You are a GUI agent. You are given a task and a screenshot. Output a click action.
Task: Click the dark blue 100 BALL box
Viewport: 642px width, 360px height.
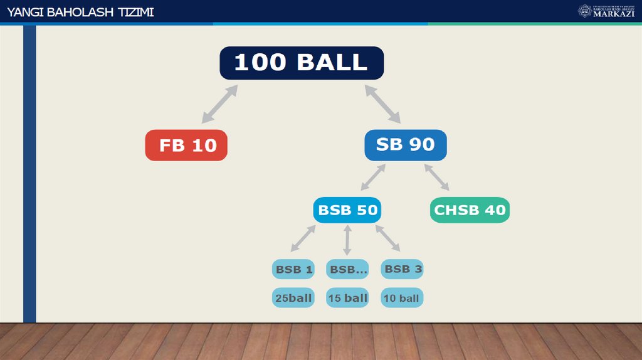coord(301,63)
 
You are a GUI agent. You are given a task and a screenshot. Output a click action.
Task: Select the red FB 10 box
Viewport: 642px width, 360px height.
coord(186,146)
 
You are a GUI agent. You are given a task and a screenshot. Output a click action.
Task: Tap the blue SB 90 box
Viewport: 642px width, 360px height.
coord(405,145)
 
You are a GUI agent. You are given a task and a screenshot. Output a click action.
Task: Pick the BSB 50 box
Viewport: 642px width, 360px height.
coord(347,210)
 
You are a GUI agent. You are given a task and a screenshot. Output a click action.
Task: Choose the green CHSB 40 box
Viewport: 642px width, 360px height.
coord(470,210)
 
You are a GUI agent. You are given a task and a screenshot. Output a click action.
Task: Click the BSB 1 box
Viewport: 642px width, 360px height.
coord(293,270)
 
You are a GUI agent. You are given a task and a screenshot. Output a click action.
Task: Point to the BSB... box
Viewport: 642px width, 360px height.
coord(347,270)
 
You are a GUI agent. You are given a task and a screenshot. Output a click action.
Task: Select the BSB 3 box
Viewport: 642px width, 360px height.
coord(403,269)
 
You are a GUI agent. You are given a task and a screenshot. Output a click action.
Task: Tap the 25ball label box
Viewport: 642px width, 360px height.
coord(293,298)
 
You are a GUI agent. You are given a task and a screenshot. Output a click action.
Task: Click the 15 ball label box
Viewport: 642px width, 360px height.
coord(347,298)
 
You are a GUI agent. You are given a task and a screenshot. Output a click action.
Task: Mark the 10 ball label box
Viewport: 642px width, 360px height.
coord(402,298)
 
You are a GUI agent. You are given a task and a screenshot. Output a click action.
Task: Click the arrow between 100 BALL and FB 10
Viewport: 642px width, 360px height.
coord(219,104)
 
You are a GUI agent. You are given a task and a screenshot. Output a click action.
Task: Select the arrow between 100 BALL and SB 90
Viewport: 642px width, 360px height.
coord(382,103)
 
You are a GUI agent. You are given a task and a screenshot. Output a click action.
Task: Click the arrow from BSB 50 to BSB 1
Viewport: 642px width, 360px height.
coord(303,238)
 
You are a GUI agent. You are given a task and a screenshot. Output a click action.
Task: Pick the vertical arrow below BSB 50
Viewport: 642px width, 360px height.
coord(347,240)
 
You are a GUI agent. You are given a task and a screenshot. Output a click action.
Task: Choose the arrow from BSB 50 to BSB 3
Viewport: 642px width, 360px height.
coord(387,238)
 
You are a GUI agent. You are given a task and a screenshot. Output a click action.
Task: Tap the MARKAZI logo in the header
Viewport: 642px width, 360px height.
coord(606,11)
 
